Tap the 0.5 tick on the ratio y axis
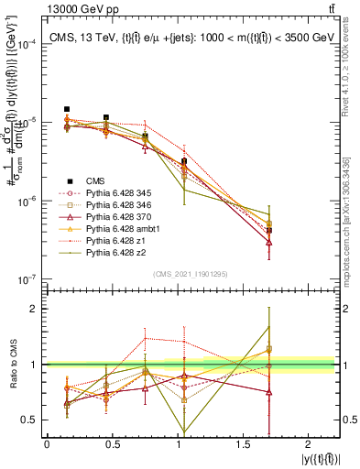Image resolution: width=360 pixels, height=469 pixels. [x=30, y=420]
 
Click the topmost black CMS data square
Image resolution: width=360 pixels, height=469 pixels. [x=67, y=109]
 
